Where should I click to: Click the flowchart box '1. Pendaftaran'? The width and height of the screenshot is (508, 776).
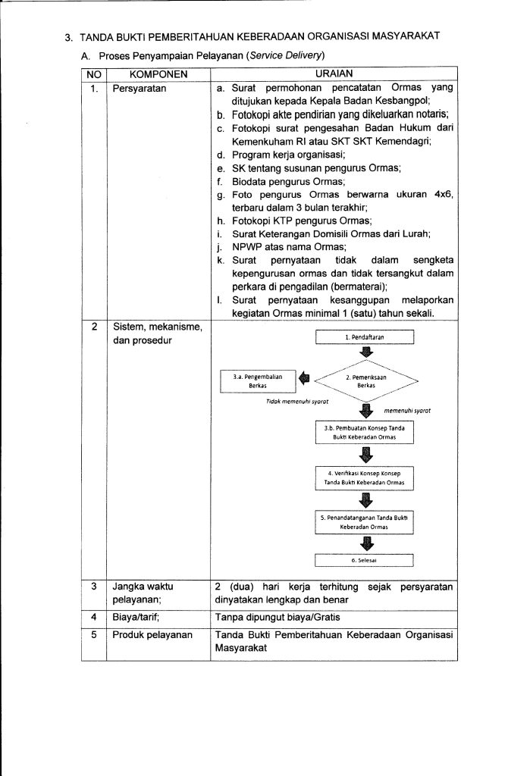point(365,336)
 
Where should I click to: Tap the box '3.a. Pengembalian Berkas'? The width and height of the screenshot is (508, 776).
point(257,380)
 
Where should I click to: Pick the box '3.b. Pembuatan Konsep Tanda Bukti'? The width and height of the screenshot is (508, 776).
point(365,432)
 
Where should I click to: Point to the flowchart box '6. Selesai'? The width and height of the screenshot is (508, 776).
point(365,561)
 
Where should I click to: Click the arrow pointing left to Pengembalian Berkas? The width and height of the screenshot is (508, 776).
point(304,377)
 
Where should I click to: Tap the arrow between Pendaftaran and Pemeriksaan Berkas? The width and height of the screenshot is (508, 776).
point(366,352)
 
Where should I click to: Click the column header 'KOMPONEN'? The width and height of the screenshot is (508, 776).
point(158,74)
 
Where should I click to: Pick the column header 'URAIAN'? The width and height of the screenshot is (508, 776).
point(334,74)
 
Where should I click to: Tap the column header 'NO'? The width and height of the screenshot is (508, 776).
point(93,74)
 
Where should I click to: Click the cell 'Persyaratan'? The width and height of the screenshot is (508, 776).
point(140,89)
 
